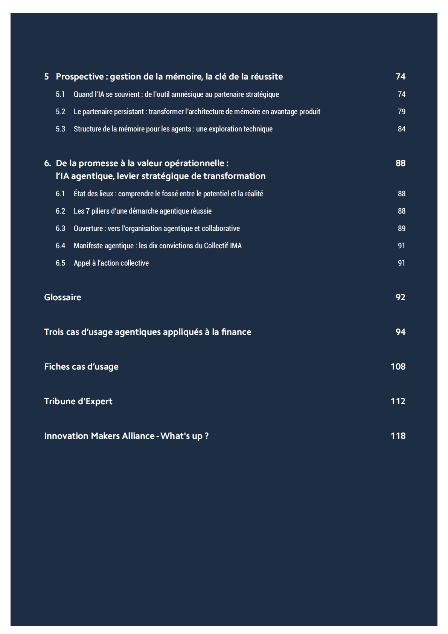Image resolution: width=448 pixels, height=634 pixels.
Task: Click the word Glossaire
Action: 62,297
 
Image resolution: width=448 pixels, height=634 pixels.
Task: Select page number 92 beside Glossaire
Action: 400,297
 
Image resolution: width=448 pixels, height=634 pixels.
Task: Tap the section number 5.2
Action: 60,112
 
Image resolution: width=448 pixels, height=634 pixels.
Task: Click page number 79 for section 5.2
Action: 402,112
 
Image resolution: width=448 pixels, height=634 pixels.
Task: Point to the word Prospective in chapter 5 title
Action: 80,76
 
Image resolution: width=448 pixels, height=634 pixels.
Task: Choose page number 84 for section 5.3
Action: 402,129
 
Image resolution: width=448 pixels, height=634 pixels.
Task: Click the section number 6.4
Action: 60,246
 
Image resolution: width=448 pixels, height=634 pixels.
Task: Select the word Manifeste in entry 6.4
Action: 88,246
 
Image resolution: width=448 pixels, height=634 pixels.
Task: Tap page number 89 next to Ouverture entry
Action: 402,228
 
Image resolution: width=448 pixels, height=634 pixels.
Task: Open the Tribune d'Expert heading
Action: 78,401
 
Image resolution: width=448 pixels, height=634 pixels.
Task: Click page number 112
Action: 398,401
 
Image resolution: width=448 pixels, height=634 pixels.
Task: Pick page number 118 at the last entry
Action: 398,436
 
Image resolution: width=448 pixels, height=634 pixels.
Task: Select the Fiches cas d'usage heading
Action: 81,367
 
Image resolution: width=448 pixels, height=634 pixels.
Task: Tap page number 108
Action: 398,367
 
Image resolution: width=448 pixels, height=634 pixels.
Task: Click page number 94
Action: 400,332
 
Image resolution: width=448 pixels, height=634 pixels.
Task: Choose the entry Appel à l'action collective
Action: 111,263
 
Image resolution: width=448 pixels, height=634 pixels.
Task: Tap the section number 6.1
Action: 60,194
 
